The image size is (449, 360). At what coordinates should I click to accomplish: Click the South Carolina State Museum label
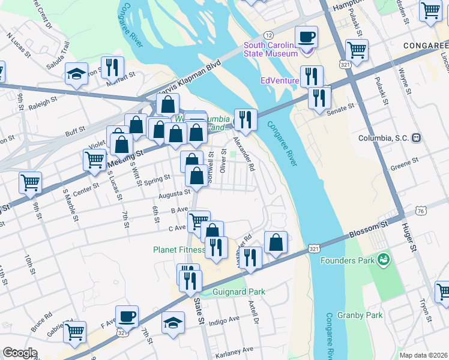pyautogui.click(x=270, y=50)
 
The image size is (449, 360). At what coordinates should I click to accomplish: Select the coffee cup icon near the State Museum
pyautogui.click(x=306, y=37)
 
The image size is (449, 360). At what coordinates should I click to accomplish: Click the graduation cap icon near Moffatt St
pyautogui.click(x=76, y=75)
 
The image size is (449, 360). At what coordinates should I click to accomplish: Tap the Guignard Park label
pyautogui.click(x=239, y=292)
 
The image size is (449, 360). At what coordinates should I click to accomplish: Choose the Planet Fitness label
pyautogui.click(x=178, y=250)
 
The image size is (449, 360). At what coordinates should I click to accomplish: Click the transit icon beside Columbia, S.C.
pyautogui.click(x=416, y=138)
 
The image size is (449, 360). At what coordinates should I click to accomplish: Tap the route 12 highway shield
pyautogui.click(x=268, y=35)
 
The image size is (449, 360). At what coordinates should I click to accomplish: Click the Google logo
pyautogui.click(x=20, y=353)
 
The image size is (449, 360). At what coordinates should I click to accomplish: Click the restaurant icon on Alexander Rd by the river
pyautogui.click(x=246, y=120)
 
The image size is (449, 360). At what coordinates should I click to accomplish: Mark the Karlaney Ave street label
pyautogui.click(x=235, y=349)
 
